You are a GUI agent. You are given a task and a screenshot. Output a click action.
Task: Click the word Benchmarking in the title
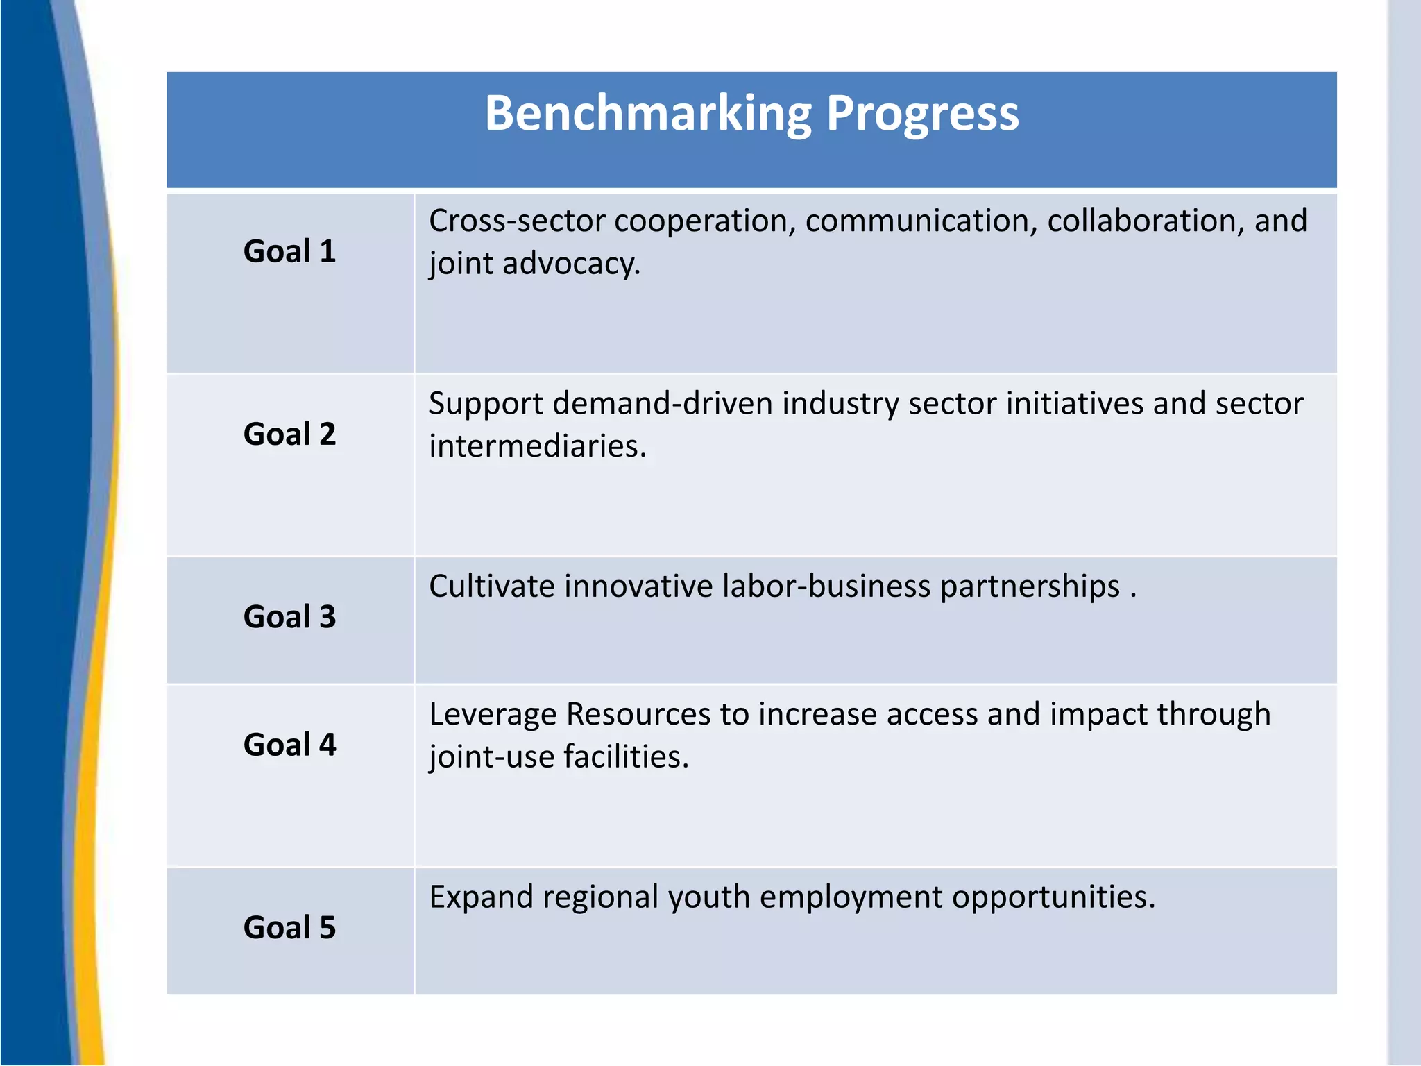[647, 113]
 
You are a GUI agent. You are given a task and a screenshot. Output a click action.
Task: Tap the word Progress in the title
[922, 113]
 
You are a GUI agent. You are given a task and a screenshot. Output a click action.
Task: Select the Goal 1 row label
[289, 251]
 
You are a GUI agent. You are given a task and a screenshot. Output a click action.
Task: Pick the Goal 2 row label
[289, 434]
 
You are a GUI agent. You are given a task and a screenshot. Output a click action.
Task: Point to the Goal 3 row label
[289, 617]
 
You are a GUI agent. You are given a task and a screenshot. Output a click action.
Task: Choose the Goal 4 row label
[289, 745]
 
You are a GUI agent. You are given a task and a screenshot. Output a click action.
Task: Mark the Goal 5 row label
[289, 928]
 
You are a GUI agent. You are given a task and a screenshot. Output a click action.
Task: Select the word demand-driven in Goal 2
[663, 403]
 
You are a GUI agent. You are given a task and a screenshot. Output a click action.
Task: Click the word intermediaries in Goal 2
[537, 446]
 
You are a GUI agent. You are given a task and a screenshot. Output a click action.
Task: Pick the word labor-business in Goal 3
[826, 586]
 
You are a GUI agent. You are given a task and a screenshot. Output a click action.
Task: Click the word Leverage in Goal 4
[492, 714]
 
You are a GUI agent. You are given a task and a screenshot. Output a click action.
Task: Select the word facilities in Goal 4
[626, 757]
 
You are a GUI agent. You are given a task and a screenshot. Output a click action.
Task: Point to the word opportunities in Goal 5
[1053, 897]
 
